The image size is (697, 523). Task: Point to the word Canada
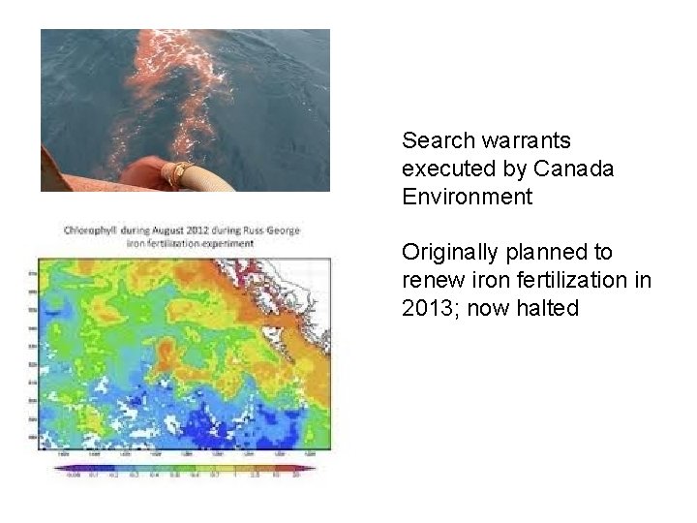coord(576,169)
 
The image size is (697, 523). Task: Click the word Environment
coord(467,197)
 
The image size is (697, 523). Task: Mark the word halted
coord(546,309)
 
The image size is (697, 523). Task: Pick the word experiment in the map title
coord(224,243)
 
